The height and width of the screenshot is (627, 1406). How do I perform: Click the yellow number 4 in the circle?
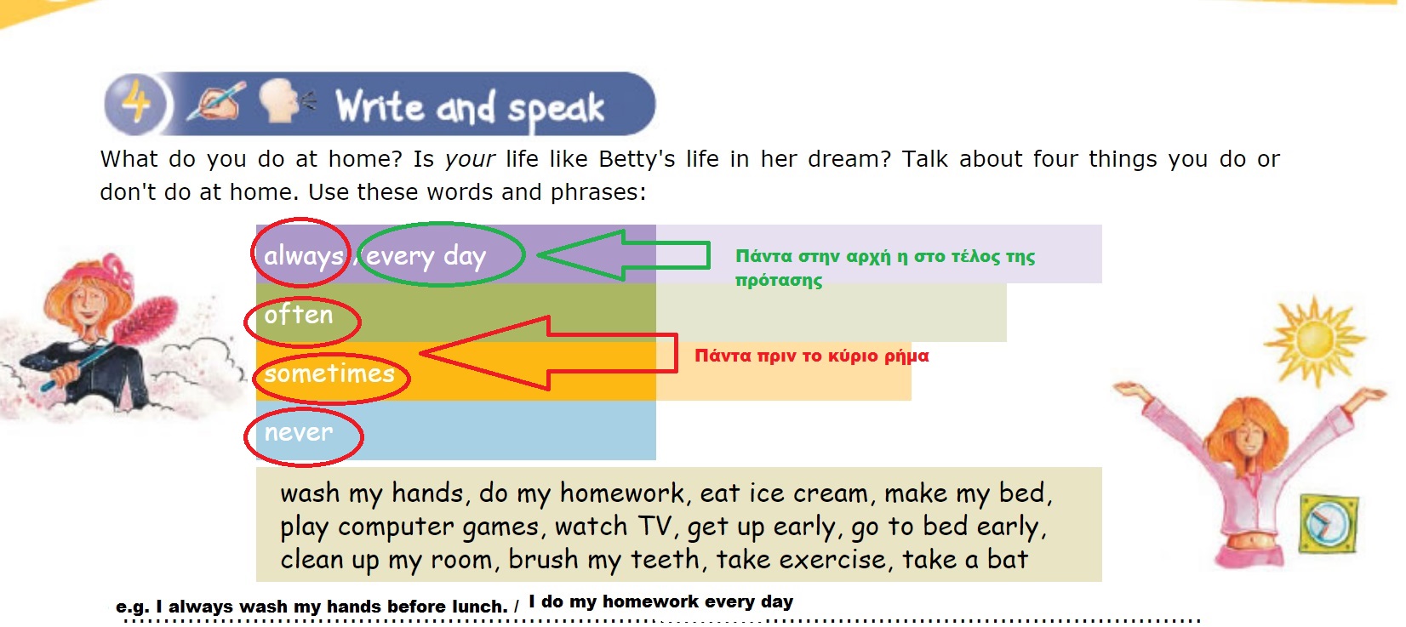(x=135, y=104)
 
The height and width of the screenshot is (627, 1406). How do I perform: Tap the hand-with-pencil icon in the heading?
(x=216, y=101)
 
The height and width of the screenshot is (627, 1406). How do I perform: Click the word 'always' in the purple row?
(x=304, y=256)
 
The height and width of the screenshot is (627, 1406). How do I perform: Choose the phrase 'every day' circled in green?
(x=426, y=256)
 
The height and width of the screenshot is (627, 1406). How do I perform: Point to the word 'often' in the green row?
(x=298, y=315)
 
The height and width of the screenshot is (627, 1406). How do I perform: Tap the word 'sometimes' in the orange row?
(x=329, y=373)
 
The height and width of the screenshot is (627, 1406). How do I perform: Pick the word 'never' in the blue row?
(x=298, y=432)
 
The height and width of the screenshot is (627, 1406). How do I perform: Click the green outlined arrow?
(x=623, y=255)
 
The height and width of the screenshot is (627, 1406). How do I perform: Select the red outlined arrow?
(x=548, y=353)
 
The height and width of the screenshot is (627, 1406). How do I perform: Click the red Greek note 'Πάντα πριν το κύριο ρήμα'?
(x=812, y=356)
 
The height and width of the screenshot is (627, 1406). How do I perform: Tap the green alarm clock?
(x=1329, y=523)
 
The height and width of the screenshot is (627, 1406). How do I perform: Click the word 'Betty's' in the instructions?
(x=637, y=159)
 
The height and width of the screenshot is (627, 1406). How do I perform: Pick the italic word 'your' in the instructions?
(x=470, y=160)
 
